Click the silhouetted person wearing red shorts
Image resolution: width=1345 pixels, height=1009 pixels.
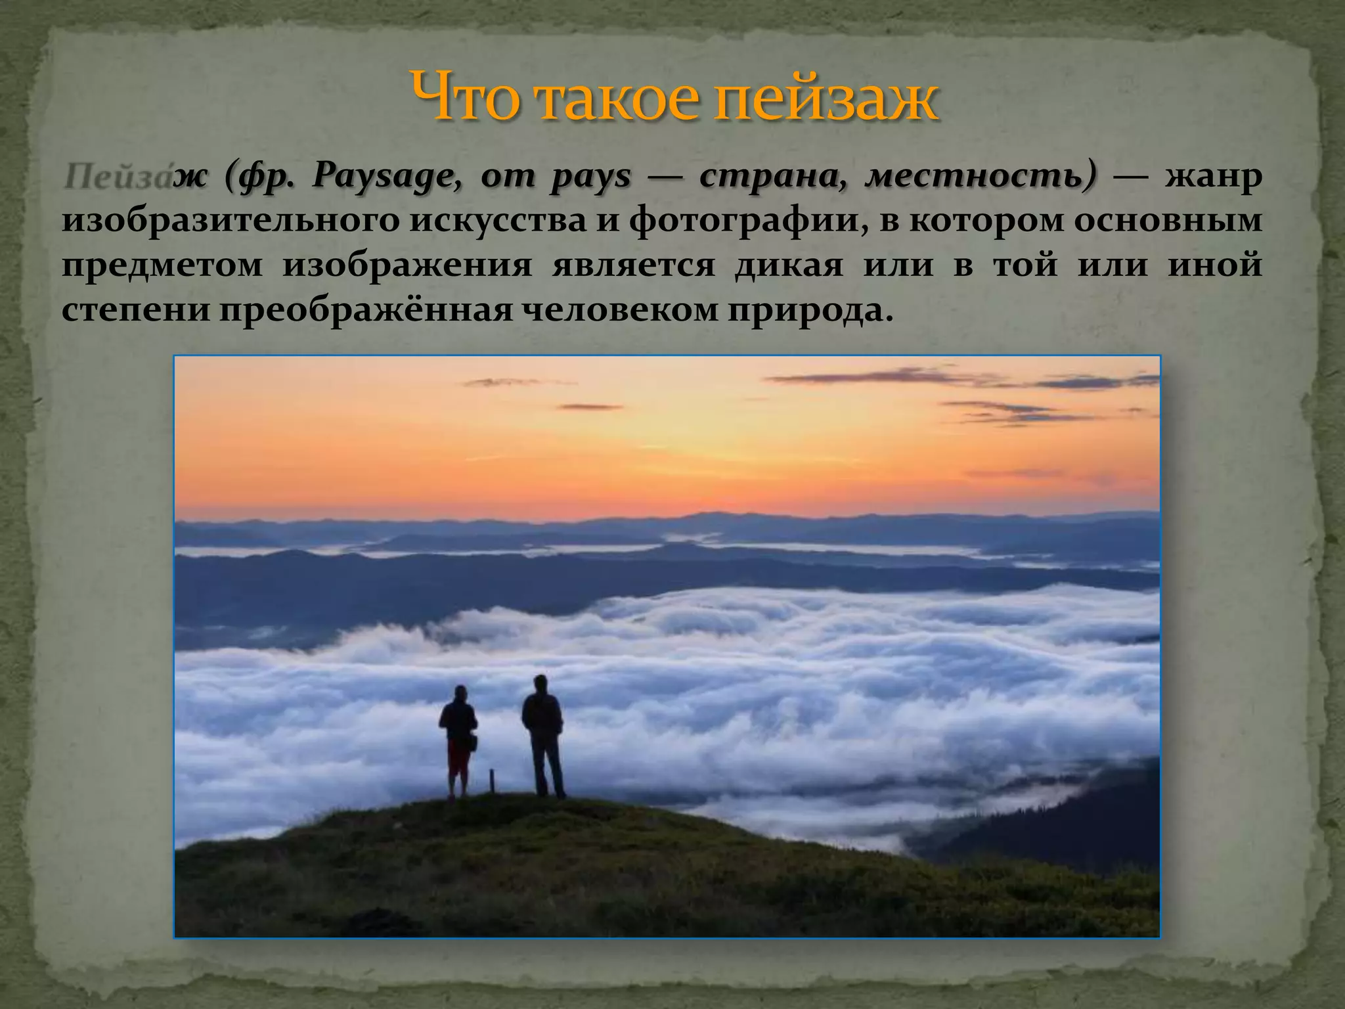[x=458, y=739]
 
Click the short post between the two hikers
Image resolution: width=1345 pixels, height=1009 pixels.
[x=491, y=782]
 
